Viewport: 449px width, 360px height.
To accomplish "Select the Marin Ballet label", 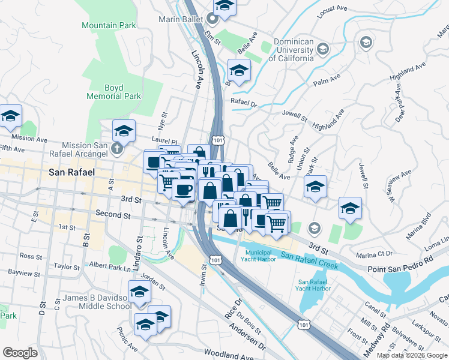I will click(x=178, y=19).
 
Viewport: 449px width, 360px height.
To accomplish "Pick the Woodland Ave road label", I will click(x=229, y=353).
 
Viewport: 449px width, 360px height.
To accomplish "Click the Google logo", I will click(x=20, y=353).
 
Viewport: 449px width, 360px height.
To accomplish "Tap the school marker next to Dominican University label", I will click(x=323, y=49).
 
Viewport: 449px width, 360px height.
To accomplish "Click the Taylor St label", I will click(x=66, y=266).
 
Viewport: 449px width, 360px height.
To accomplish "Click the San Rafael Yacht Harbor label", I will click(x=314, y=285).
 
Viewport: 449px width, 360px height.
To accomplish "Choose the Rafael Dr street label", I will click(x=244, y=103).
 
